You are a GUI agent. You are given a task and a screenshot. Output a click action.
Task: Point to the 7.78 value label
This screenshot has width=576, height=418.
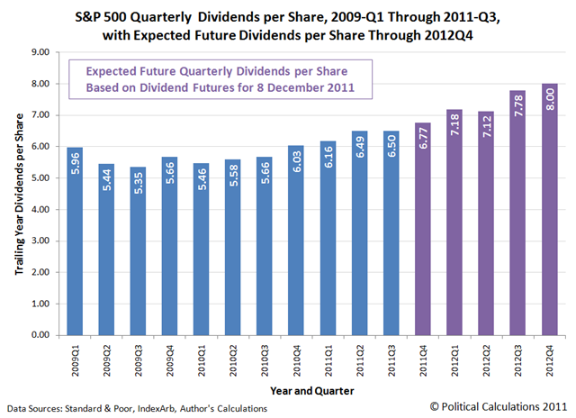(x=518, y=108)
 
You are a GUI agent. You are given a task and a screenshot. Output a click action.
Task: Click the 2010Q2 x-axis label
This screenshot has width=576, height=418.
(x=233, y=355)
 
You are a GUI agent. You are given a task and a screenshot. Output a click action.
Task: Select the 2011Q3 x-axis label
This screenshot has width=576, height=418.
(x=392, y=355)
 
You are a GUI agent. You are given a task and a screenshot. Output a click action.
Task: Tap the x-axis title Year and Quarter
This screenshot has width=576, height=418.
(x=311, y=389)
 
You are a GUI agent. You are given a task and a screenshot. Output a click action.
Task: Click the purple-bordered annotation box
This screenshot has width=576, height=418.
(x=214, y=78)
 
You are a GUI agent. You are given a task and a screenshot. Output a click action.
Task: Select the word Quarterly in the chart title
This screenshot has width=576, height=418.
(x=184, y=14)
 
